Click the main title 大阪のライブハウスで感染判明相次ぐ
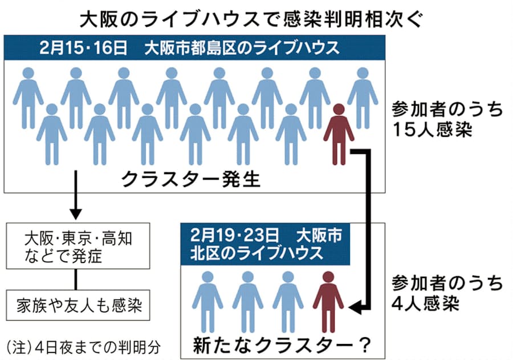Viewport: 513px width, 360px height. tap(251, 19)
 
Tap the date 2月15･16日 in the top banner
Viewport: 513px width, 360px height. tap(83, 47)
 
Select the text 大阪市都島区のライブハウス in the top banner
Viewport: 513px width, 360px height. tap(242, 47)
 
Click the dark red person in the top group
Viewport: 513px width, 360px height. tap(339, 134)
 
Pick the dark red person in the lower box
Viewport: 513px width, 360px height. tap(328, 302)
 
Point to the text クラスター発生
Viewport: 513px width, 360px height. tap(191, 179)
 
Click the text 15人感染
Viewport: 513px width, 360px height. tap(432, 129)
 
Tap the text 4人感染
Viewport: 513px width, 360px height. tap(425, 303)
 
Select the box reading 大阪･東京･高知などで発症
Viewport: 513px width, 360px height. tap(78, 246)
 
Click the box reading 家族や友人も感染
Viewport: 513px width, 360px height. tap(78, 305)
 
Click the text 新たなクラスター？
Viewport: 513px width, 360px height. tap(282, 345)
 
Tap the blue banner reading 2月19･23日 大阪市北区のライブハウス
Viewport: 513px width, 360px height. tap(265, 244)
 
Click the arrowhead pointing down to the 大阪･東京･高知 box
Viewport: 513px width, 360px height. tap(76, 214)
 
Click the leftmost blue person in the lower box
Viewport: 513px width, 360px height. tap(207, 302)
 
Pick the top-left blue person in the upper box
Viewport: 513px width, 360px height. tap(28, 98)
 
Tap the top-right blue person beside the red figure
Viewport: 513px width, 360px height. tap(363, 98)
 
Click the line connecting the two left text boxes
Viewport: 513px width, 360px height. tap(76, 280)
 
